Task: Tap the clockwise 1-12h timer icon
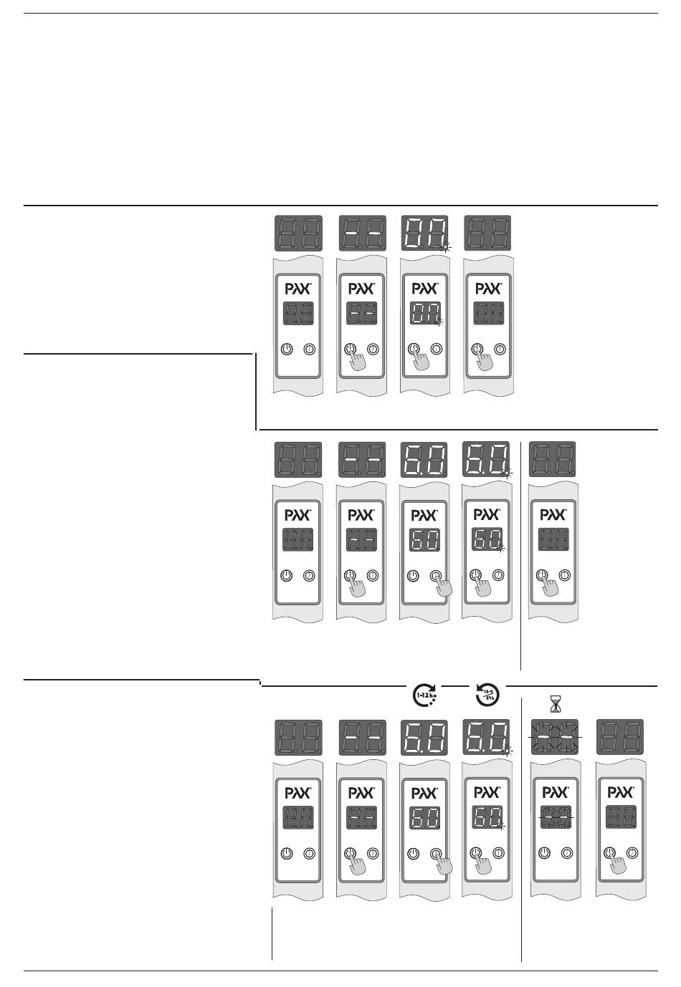click(x=426, y=695)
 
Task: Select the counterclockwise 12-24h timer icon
click(x=487, y=694)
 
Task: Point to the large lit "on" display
click(x=424, y=233)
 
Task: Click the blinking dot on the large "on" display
click(x=445, y=247)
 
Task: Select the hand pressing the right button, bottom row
click(x=444, y=864)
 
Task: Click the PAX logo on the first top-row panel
click(x=298, y=289)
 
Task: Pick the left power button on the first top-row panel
click(x=286, y=349)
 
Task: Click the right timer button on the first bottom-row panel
click(x=310, y=853)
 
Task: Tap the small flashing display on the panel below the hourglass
click(x=556, y=817)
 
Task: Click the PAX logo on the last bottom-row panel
click(x=621, y=793)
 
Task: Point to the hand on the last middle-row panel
click(x=551, y=587)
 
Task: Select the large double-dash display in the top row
click(x=361, y=233)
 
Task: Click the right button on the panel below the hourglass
click(x=567, y=853)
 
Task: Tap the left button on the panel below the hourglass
click(x=544, y=853)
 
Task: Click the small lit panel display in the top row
click(x=424, y=312)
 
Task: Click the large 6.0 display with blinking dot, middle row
click(x=487, y=459)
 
